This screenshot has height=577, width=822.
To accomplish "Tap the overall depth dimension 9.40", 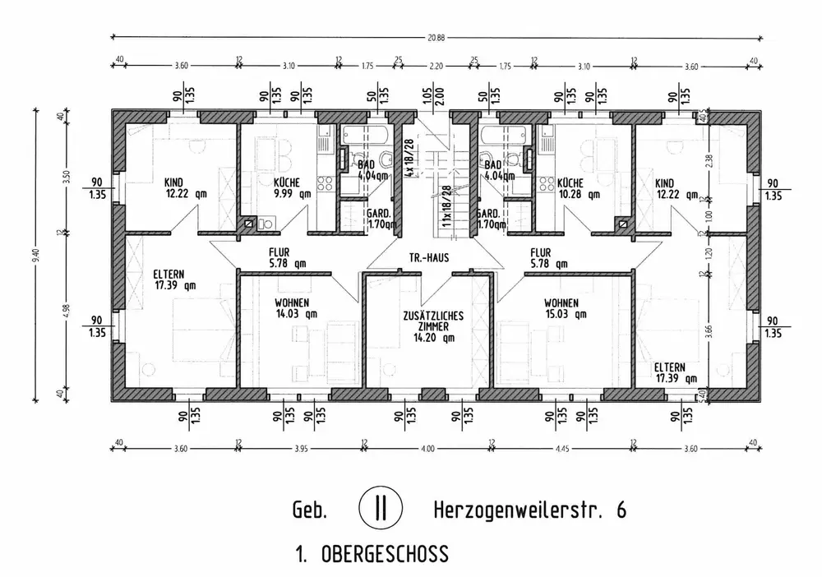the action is point(34,256).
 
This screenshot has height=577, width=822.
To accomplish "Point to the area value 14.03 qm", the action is point(296,313).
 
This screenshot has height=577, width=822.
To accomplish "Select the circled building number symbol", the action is point(380,507).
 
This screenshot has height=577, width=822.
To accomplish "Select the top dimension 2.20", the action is point(436,65).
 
